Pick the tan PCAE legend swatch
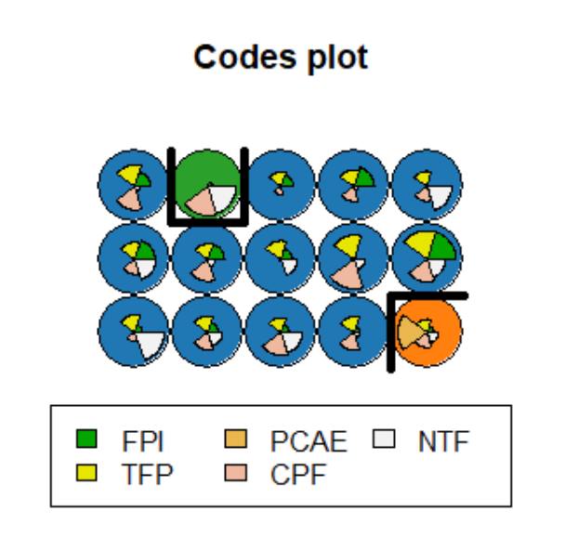point(234,441)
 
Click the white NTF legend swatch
point(393,441)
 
